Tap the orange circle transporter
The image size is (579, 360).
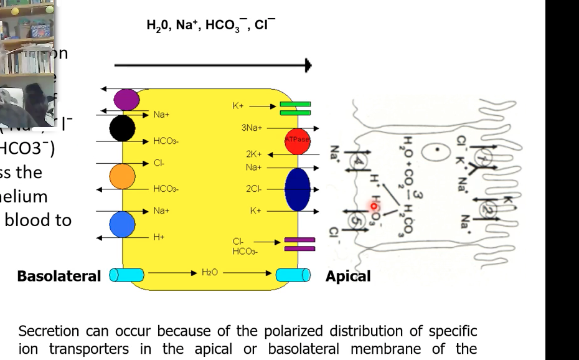click(x=123, y=176)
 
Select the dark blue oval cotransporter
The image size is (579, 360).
click(x=298, y=189)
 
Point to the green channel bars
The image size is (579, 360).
click(x=295, y=108)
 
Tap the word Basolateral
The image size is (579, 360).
click(x=59, y=276)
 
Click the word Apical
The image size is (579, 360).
click(x=348, y=276)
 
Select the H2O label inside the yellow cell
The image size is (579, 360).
click(x=208, y=273)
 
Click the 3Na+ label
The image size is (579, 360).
click(x=252, y=128)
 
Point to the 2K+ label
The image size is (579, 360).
click(x=255, y=153)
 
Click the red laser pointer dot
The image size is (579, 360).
click(x=374, y=206)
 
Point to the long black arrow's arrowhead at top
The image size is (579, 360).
click(x=307, y=65)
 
